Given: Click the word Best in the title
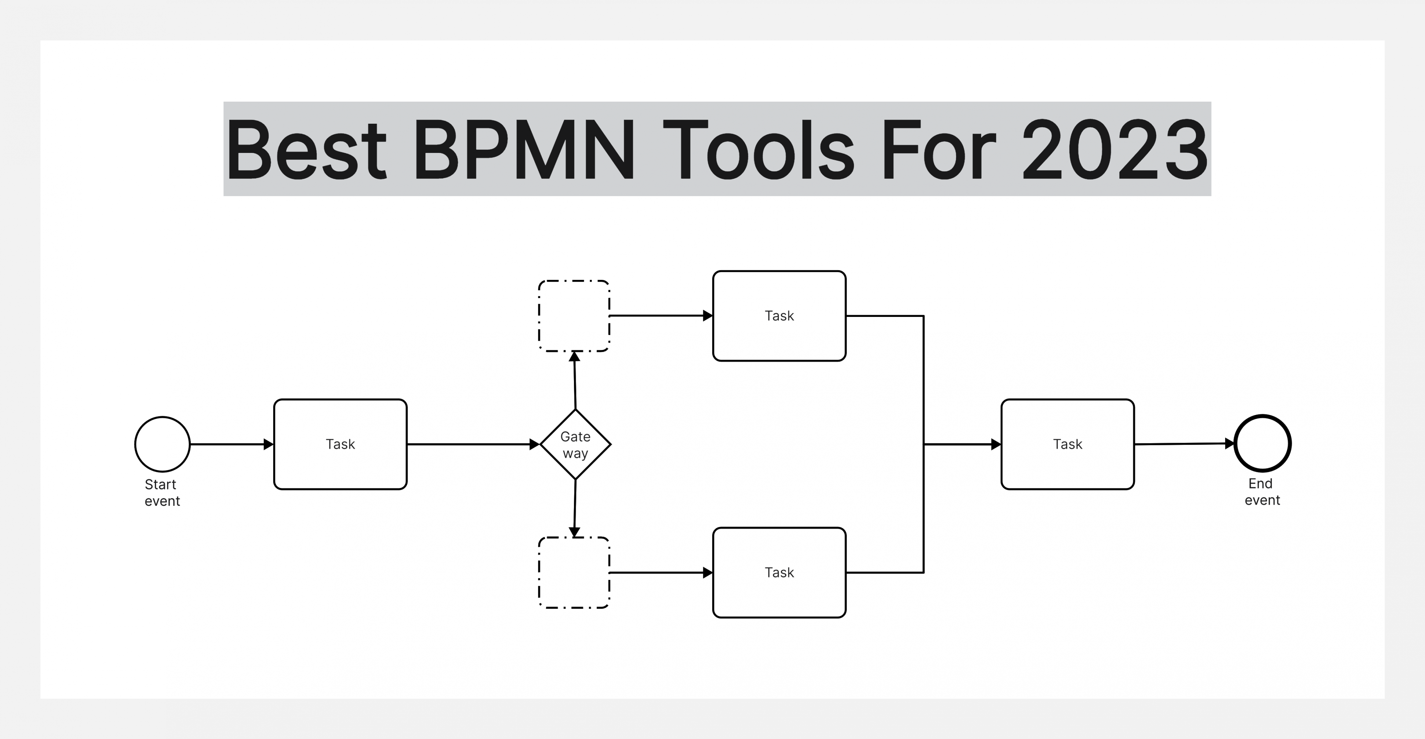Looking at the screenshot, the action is coord(306,149).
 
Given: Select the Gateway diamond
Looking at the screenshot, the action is coord(575,444).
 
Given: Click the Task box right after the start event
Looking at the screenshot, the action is coord(340,444).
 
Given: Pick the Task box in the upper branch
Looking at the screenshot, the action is coord(779,315).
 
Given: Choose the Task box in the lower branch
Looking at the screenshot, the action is coord(779,573).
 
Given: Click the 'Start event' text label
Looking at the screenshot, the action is coord(162,493).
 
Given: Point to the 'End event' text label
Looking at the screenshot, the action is coord(1262,492).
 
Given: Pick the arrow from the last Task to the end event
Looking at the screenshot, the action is coord(1185,443).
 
